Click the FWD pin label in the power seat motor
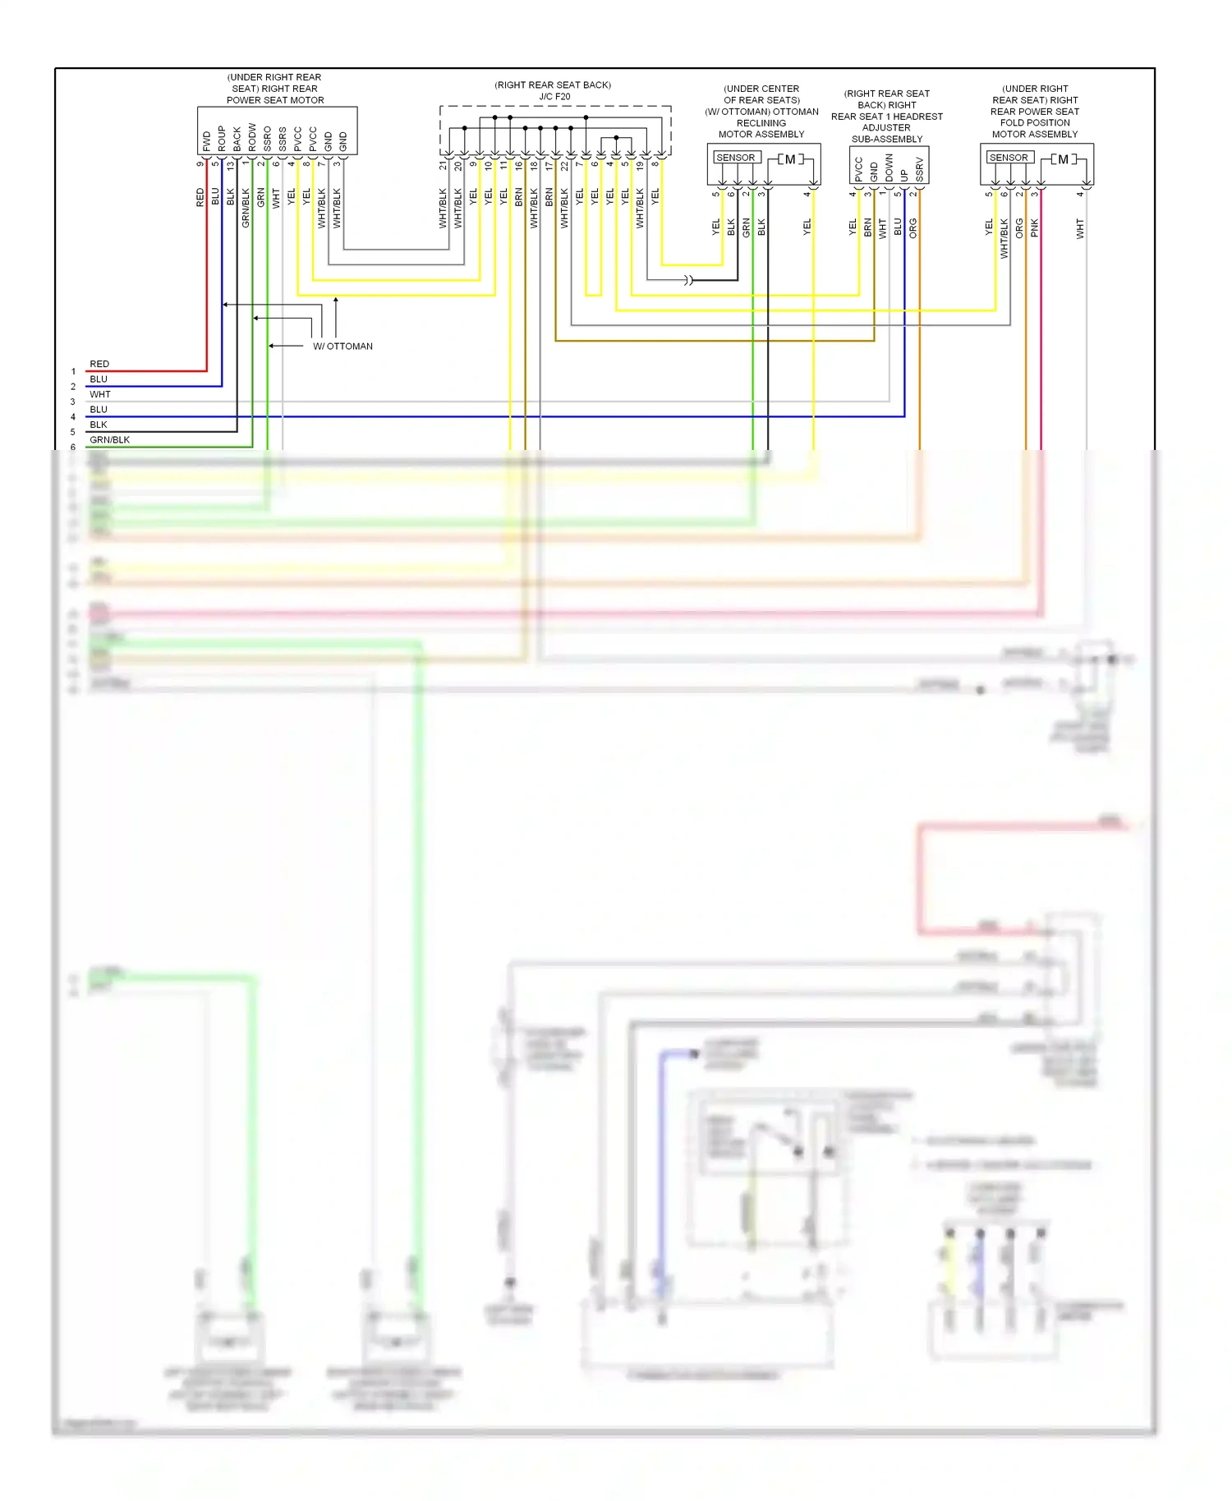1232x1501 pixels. tap(206, 140)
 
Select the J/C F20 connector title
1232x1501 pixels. tap(554, 96)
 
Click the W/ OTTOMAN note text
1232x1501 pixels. tap(342, 347)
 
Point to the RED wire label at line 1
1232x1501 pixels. tap(99, 364)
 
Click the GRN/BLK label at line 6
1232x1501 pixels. tap(109, 440)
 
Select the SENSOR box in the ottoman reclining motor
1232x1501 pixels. tap(735, 158)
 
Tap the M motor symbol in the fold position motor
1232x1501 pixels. tap(1063, 159)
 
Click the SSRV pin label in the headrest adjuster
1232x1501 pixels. tap(919, 169)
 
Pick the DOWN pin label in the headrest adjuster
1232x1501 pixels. tap(889, 168)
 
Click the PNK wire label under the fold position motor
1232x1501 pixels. tap(1034, 227)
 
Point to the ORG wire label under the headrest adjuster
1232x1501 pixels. tap(913, 228)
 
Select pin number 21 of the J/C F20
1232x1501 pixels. tap(443, 165)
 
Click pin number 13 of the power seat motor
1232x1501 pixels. tap(231, 164)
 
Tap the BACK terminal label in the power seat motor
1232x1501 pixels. tap(237, 138)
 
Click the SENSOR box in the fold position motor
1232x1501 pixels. tap(1009, 158)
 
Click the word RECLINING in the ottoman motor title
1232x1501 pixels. tap(761, 123)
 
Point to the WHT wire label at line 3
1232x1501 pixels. tap(99, 394)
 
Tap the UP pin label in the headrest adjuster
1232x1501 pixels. tap(904, 175)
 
